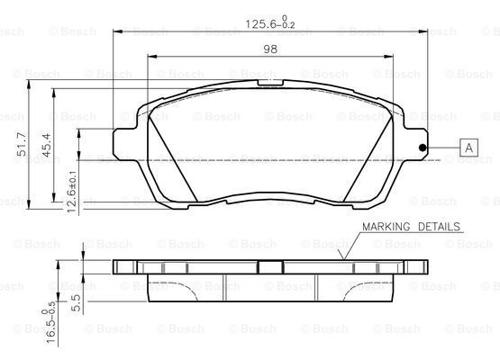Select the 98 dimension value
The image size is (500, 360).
pyautogui.click(x=270, y=49)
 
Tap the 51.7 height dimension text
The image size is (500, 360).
pyautogui.click(x=22, y=145)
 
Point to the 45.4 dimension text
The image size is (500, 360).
pyautogui.click(x=46, y=145)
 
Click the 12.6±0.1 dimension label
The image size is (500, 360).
pyautogui.click(x=72, y=192)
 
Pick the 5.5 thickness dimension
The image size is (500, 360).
pyautogui.click(x=77, y=302)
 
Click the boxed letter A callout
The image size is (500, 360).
pyautogui.click(x=468, y=148)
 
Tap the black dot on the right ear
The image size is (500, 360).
pyautogui.click(x=423, y=148)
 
